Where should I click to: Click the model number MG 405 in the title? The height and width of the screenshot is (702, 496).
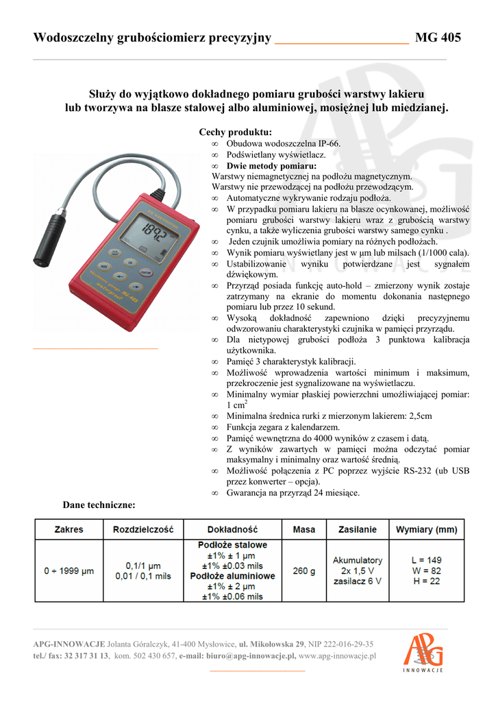(438, 38)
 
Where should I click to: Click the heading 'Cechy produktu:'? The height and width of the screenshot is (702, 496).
(235, 132)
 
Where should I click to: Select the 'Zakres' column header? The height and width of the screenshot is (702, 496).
(69, 529)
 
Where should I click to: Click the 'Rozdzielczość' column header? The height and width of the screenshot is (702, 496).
(144, 529)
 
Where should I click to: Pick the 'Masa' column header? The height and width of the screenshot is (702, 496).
(304, 529)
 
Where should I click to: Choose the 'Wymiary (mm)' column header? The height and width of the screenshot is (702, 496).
(426, 529)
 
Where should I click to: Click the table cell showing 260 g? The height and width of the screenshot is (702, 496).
(304, 570)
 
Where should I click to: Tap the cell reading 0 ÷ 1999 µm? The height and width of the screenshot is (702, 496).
(69, 570)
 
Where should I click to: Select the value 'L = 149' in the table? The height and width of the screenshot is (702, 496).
(426, 560)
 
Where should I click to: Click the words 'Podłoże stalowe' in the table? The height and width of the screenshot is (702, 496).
(232, 545)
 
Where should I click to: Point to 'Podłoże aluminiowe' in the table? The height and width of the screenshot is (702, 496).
(232, 576)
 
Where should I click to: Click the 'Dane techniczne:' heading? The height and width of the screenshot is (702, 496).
(99, 505)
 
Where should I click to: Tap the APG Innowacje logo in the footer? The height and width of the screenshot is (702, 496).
(423, 652)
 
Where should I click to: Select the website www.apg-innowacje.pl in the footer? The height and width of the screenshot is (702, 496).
(338, 656)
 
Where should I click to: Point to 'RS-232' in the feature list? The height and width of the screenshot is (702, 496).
(414, 471)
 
